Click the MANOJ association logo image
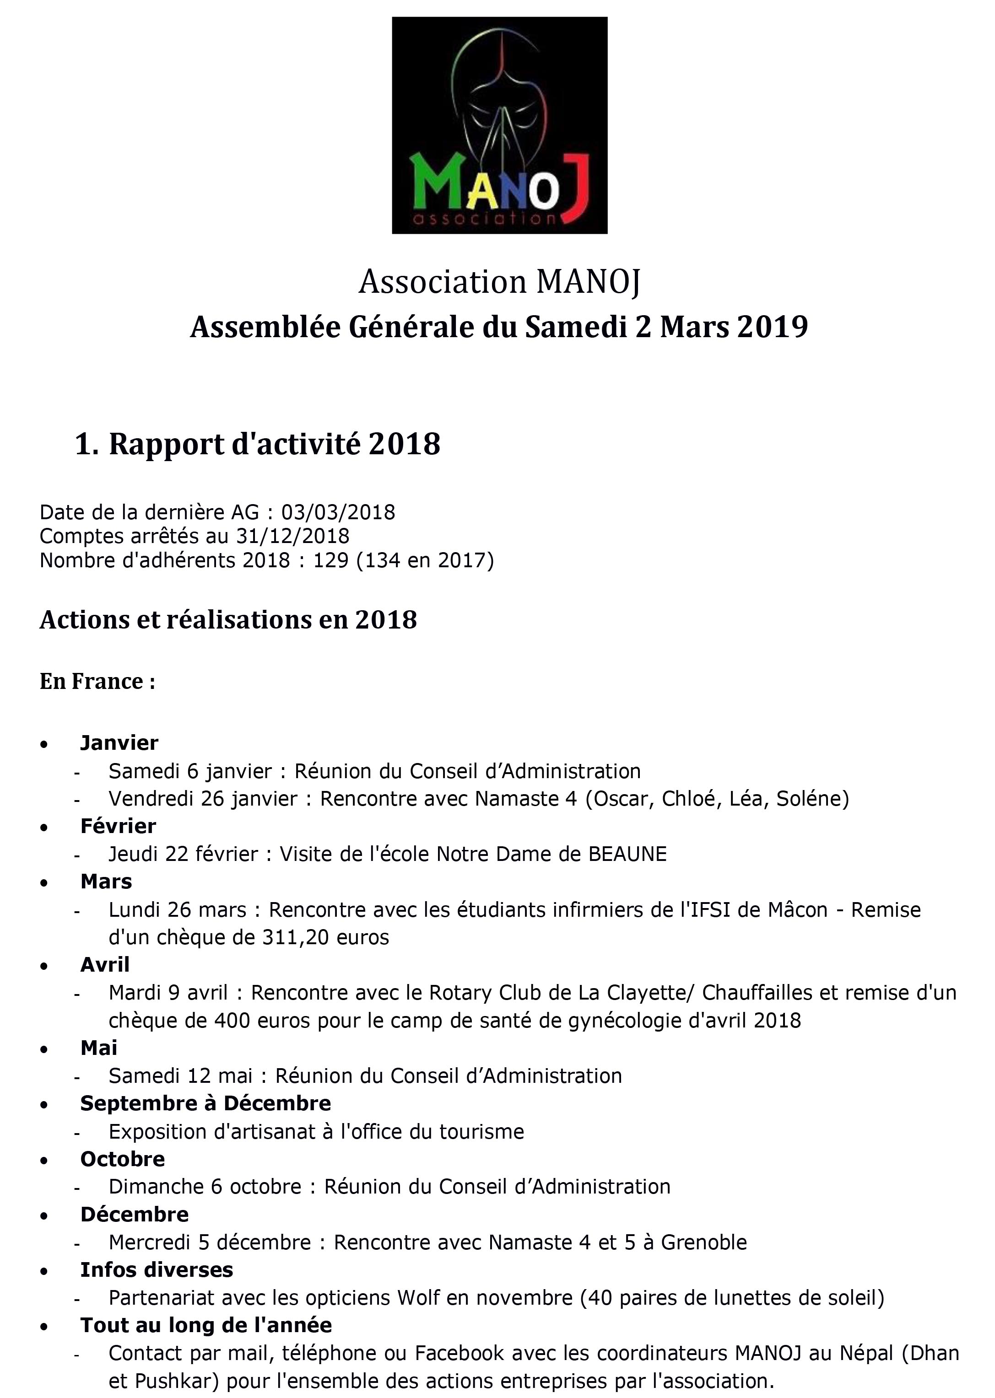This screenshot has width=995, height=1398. [x=499, y=125]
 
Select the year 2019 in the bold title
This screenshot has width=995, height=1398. [x=773, y=327]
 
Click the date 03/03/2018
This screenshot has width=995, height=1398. [x=338, y=512]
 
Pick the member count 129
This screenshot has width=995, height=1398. [x=331, y=560]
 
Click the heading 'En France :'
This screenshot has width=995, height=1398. [x=97, y=681]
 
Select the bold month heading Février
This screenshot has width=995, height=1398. [x=118, y=826]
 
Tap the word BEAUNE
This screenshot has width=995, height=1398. [x=627, y=854]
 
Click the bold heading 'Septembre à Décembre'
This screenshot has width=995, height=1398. [x=205, y=1103]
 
